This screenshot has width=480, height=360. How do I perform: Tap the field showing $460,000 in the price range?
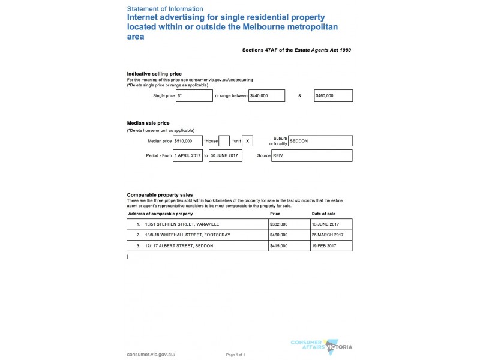[x=333, y=96]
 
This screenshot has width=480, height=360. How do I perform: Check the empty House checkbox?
[x=224, y=141]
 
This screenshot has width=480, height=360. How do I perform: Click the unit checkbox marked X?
[x=248, y=141]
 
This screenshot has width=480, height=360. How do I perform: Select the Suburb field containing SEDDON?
[x=320, y=141]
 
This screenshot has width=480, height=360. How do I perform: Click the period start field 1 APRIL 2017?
[x=188, y=156]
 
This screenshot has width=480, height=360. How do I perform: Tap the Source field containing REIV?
[x=311, y=156]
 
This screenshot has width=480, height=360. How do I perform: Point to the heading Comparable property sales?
[x=160, y=195]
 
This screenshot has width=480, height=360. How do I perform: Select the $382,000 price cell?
[x=279, y=224]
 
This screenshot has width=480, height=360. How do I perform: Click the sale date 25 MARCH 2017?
[x=328, y=235]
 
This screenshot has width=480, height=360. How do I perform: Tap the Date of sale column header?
[x=323, y=214]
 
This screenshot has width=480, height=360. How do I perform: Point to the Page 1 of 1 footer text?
[x=236, y=355]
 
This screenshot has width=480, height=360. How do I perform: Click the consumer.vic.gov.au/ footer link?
[x=151, y=354]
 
